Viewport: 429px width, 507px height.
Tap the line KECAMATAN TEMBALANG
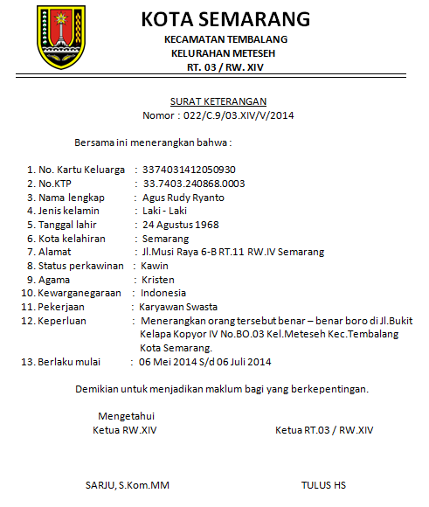tap(225, 41)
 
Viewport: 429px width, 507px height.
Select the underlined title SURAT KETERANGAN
tap(218, 101)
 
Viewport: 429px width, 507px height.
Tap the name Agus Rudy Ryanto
tap(183, 197)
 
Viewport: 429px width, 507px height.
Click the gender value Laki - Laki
tap(166, 211)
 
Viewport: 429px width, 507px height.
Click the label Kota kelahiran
tap(72, 238)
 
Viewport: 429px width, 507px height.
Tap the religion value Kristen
tap(157, 279)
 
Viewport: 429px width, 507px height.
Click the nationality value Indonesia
tap(164, 293)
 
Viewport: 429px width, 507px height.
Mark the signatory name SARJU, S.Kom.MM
tap(128, 484)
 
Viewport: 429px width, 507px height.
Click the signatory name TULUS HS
tap(323, 484)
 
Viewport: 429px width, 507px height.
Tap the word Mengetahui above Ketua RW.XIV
tap(127, 416)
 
